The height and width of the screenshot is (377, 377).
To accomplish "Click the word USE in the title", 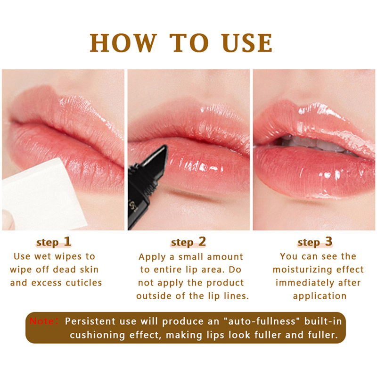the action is tap(247, 43).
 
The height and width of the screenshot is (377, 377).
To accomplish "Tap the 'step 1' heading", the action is tap(54, 242).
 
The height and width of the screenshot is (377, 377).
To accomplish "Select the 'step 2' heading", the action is tap(188, 242).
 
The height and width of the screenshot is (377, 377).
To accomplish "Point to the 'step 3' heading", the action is tap(315, 242).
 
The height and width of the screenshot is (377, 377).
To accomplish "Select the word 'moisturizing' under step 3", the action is tap(303, 270).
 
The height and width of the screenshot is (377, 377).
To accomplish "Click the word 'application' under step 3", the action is tap(320, 296).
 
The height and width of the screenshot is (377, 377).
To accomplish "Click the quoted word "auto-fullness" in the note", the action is tap(262, 321).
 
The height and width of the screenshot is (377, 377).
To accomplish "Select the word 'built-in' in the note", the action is tap(323, 321).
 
